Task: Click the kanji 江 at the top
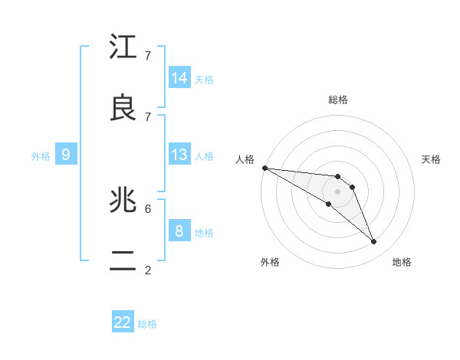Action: (123, 47)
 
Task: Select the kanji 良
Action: (123, 109)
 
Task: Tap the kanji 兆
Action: (123, 201)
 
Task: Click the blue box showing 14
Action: (179, 77)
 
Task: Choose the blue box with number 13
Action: (179, 155)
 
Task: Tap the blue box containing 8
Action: (179, 231)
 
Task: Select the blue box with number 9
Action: (66, 155)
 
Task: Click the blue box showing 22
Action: (123, 322)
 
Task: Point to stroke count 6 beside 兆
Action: (148, 208)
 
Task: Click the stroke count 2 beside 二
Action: (148, 270)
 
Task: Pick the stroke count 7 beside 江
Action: (148, 55)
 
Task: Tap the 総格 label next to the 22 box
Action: (147, 324)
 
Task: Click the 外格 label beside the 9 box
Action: (41, 156)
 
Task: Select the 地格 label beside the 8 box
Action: (204, 232)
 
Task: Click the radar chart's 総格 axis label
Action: (338, 100)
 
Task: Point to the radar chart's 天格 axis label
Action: (431, 159)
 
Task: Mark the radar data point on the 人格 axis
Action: (264, 167)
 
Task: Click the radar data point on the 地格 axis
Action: (373, 241)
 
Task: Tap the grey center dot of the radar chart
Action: (337, 191)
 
